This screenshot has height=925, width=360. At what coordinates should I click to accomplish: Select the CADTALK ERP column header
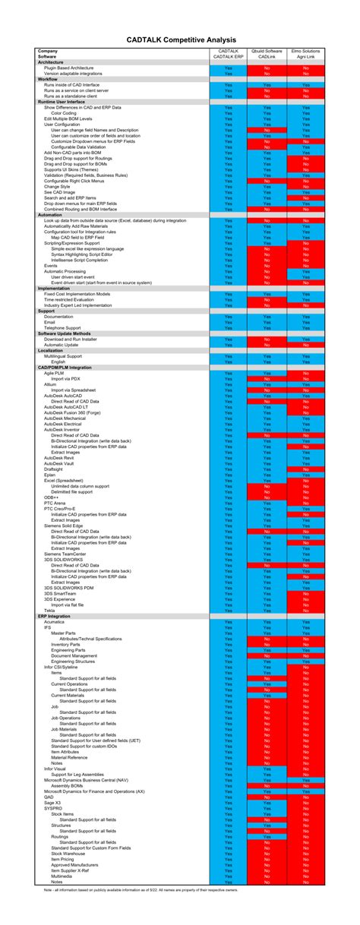228,53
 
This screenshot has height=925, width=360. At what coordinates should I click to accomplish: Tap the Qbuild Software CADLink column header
267,53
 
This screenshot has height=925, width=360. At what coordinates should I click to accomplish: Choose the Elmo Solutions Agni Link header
305,53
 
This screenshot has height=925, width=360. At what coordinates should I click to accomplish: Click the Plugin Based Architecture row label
69,68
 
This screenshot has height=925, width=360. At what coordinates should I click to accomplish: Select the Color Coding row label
64,112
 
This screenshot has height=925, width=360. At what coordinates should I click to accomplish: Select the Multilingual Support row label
65,356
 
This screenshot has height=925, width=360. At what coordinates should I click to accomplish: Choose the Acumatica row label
55,621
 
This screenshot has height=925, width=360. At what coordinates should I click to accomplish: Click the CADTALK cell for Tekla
228,611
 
